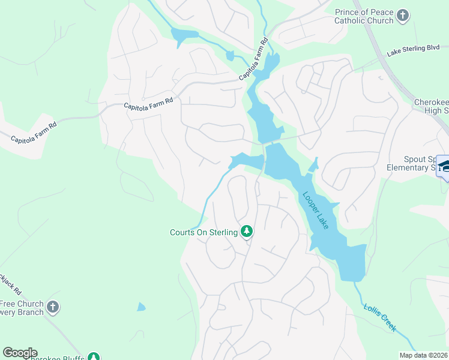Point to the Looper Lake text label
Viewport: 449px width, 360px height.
[x=315, y=211]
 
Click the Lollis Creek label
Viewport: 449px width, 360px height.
[x=379, y=317]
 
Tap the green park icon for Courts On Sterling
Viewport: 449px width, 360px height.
[x=246, y=231]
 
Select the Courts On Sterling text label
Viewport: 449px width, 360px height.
[x=204, y=232]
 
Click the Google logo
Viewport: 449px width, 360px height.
[x=19, y=353]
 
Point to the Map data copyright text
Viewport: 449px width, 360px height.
[x=423, y=355]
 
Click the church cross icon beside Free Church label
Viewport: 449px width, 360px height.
[x=53, y=308]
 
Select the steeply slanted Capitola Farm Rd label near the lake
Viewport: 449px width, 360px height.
[x=253, y=60]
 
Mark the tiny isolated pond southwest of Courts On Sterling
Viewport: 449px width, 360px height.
[x=140, y=307]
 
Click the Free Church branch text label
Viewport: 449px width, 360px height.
[x=22, y=308]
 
